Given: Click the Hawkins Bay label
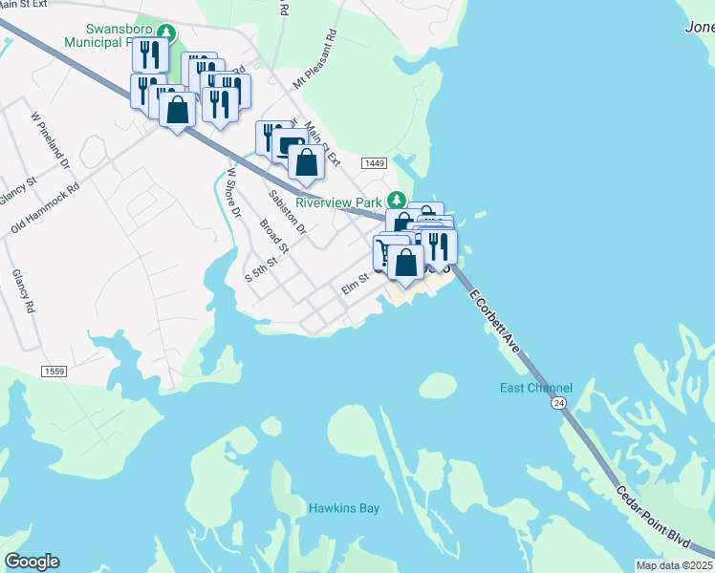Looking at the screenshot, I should [344, 508].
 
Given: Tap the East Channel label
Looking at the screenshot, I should [536, 388].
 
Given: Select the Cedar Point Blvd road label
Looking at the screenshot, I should [654, 517].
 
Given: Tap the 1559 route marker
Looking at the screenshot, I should [54, 370].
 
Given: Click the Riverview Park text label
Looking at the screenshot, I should [338, 202].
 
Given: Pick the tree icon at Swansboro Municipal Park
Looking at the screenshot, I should [167, 32].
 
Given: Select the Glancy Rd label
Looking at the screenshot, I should [24, 292].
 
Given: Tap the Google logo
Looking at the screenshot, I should [32, 562].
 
